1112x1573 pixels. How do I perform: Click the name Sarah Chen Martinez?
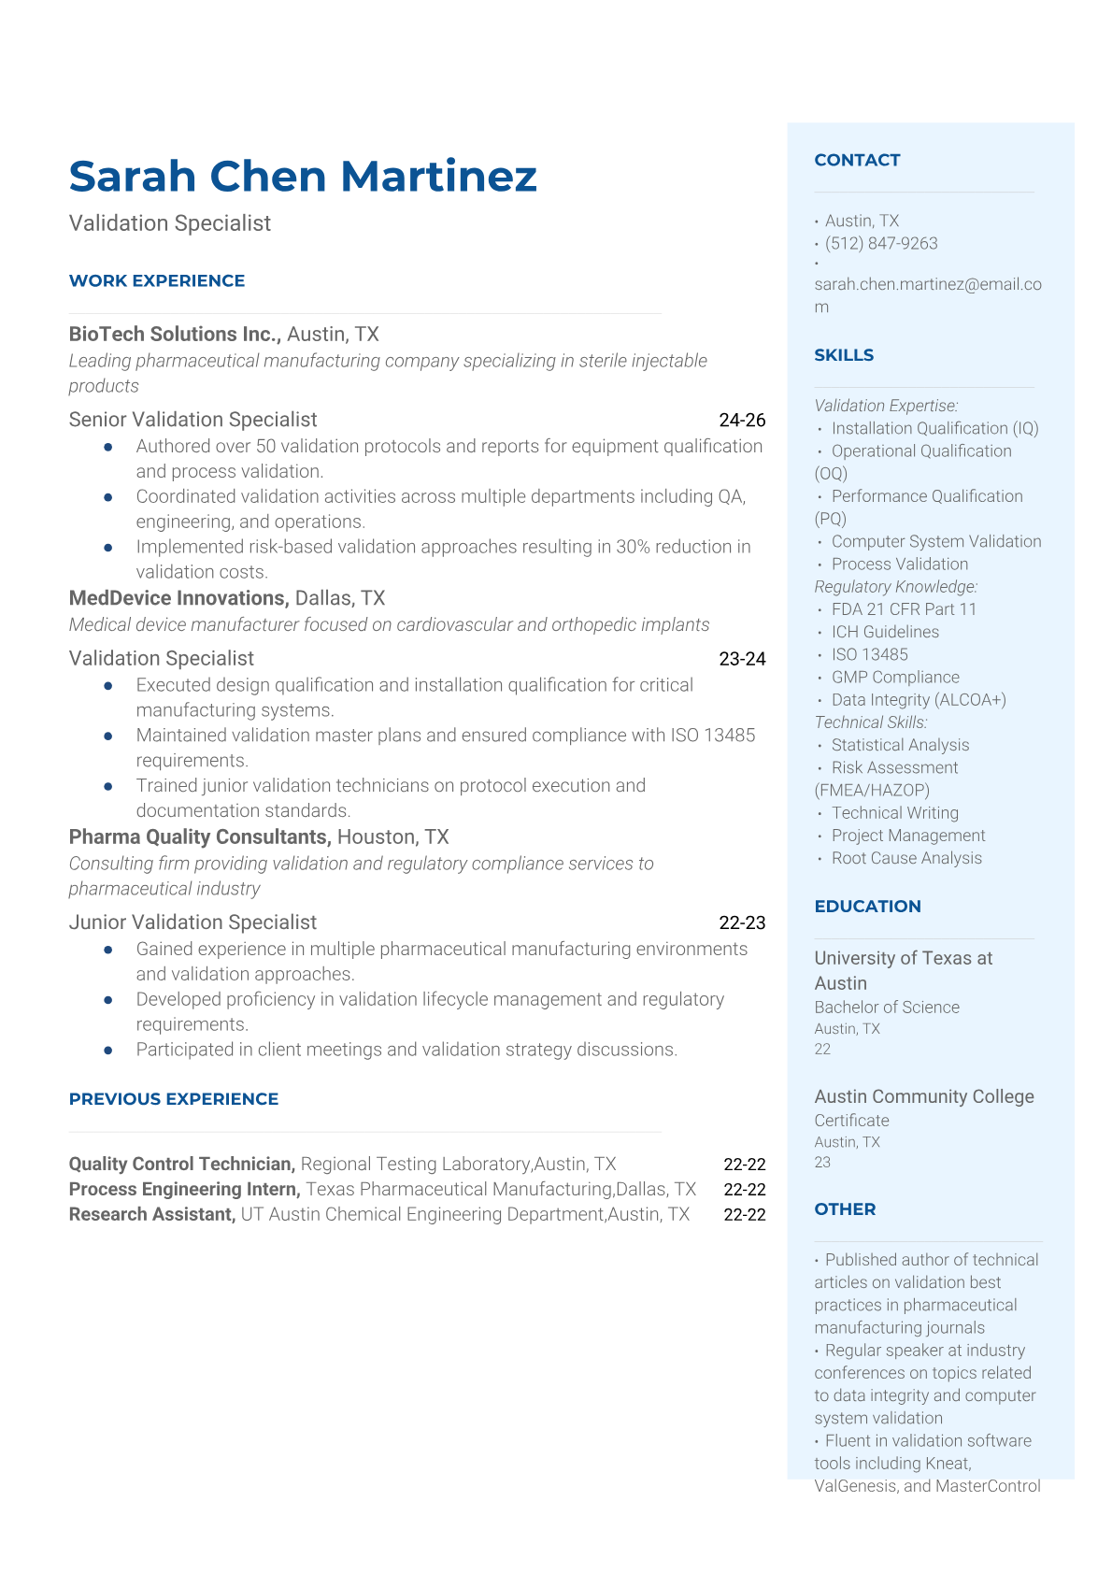click(303, 177)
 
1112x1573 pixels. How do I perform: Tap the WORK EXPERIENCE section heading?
click(157, 280)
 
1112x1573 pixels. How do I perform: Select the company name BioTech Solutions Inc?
click(175, 335)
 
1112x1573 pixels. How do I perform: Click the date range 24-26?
click(742, 421)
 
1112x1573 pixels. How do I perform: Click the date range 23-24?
click(742, 659)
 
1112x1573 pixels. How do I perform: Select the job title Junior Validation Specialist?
click(192, 922)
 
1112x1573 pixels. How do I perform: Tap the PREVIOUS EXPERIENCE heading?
click(174, 1099)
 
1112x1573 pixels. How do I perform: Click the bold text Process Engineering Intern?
click(184, 1189)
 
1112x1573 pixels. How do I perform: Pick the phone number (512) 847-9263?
click(881, 244)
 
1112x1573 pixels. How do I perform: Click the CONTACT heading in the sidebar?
click(857, 160)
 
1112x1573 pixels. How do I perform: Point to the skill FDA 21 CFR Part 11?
click(904, 609)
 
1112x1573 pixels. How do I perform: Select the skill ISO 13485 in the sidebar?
click(869, 654)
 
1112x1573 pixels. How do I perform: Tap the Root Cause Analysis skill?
click(906, 858)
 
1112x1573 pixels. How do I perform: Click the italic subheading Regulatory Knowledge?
click(895, 587)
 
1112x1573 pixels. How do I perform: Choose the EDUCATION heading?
click(867, 907)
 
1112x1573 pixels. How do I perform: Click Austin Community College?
click(923, 1096)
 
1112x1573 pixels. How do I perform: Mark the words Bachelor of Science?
click(886, 1008)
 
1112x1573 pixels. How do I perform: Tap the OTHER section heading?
click(845, 1209)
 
